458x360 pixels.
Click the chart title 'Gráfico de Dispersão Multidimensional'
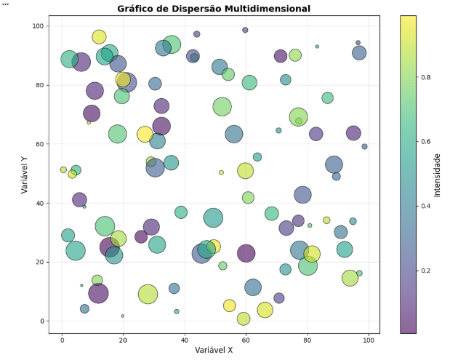pos(214,9)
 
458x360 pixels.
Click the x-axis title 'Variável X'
pos(214,350)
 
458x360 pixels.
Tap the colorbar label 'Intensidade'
pos(437,175)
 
